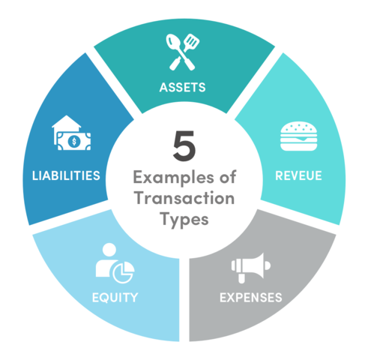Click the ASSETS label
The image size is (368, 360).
click(x=183, y=88)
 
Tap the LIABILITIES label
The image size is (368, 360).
click(x=66, y=175)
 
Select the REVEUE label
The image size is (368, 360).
click(x=298, y=175)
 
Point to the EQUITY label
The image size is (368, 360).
click(x=115, y=298)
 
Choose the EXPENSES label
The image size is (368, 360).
click(x=251, y=298)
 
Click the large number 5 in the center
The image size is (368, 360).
click(x=184, y=145)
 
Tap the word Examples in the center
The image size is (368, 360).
click(x=173, y=178)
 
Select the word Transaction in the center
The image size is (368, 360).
click(x=184, y=198)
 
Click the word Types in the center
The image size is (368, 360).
click(x=184, y=220)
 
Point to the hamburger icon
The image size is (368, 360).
click(x=299, y=136)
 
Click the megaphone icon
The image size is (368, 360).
click(x=251, y=268)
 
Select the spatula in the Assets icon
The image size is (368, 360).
click(x=184, y=52)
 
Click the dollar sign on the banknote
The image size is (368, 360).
click(x=74, y=142)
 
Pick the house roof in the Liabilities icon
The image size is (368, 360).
click(x=67, y=121)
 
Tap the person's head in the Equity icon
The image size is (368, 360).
click(x=109, y=250)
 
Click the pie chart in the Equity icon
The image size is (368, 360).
click(x=124, y=272)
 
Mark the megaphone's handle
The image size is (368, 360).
click(x=241, y=278)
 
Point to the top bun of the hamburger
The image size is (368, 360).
click(x=299, y=127)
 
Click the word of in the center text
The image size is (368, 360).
click(x=228, y=177)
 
